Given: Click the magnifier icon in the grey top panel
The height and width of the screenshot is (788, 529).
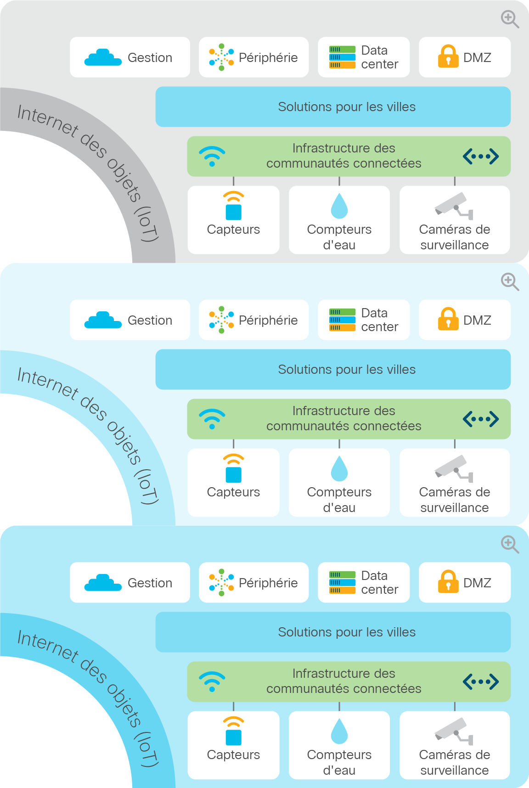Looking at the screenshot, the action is pos(510,19).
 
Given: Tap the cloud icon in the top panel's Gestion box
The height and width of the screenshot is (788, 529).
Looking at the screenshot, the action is pos(103,57).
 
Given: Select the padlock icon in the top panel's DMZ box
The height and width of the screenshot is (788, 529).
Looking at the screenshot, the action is pos(448,56).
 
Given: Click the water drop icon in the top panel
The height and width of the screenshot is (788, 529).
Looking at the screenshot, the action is pos(339,206).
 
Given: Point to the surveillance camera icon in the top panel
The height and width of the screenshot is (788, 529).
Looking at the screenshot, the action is pos(454,206).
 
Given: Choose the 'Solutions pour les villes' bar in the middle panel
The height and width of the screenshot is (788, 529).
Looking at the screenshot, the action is pos(333,369).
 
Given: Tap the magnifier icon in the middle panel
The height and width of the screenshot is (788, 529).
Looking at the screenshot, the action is pos(510,282).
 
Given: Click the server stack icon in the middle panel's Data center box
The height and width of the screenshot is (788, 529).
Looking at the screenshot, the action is pos(342,320).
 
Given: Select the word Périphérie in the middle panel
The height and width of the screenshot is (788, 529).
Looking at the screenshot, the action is pos(268,320).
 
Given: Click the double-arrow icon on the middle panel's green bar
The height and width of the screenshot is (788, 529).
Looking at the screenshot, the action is pos(481,419).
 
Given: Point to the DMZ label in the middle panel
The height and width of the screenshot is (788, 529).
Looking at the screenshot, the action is pos(477,320).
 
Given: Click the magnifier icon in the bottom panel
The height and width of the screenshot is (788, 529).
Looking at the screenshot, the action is pos(510,545).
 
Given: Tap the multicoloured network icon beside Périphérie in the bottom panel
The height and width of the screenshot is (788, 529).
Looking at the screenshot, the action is pos(221,582).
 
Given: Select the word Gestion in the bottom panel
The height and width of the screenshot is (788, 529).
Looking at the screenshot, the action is pos(150,583).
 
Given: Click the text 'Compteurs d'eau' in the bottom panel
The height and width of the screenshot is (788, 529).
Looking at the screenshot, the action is pos(339,762).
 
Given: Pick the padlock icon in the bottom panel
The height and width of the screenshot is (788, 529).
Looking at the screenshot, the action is pos(448,581).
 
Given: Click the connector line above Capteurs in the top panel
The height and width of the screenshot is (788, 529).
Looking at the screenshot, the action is pos(234,181).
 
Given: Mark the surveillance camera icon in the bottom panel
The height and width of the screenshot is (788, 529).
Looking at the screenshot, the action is pos(454,731).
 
